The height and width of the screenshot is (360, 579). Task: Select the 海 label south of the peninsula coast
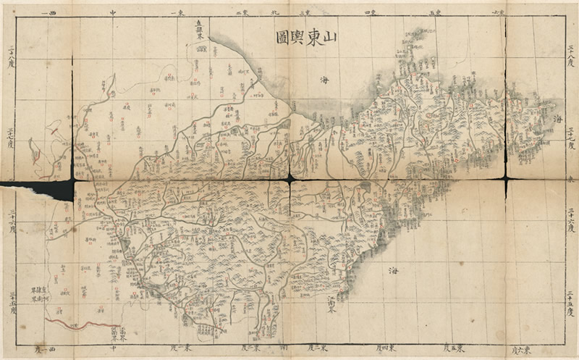coord(394,269)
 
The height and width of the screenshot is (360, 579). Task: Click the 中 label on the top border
coord(112,13)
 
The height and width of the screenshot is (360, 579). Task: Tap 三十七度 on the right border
coord(570,138)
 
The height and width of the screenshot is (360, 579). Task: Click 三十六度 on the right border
coord(570,217)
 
